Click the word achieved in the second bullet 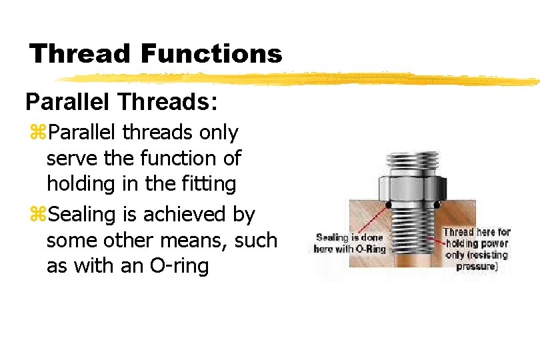[x=180, y=215]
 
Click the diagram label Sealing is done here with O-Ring [x=350, y=243]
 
